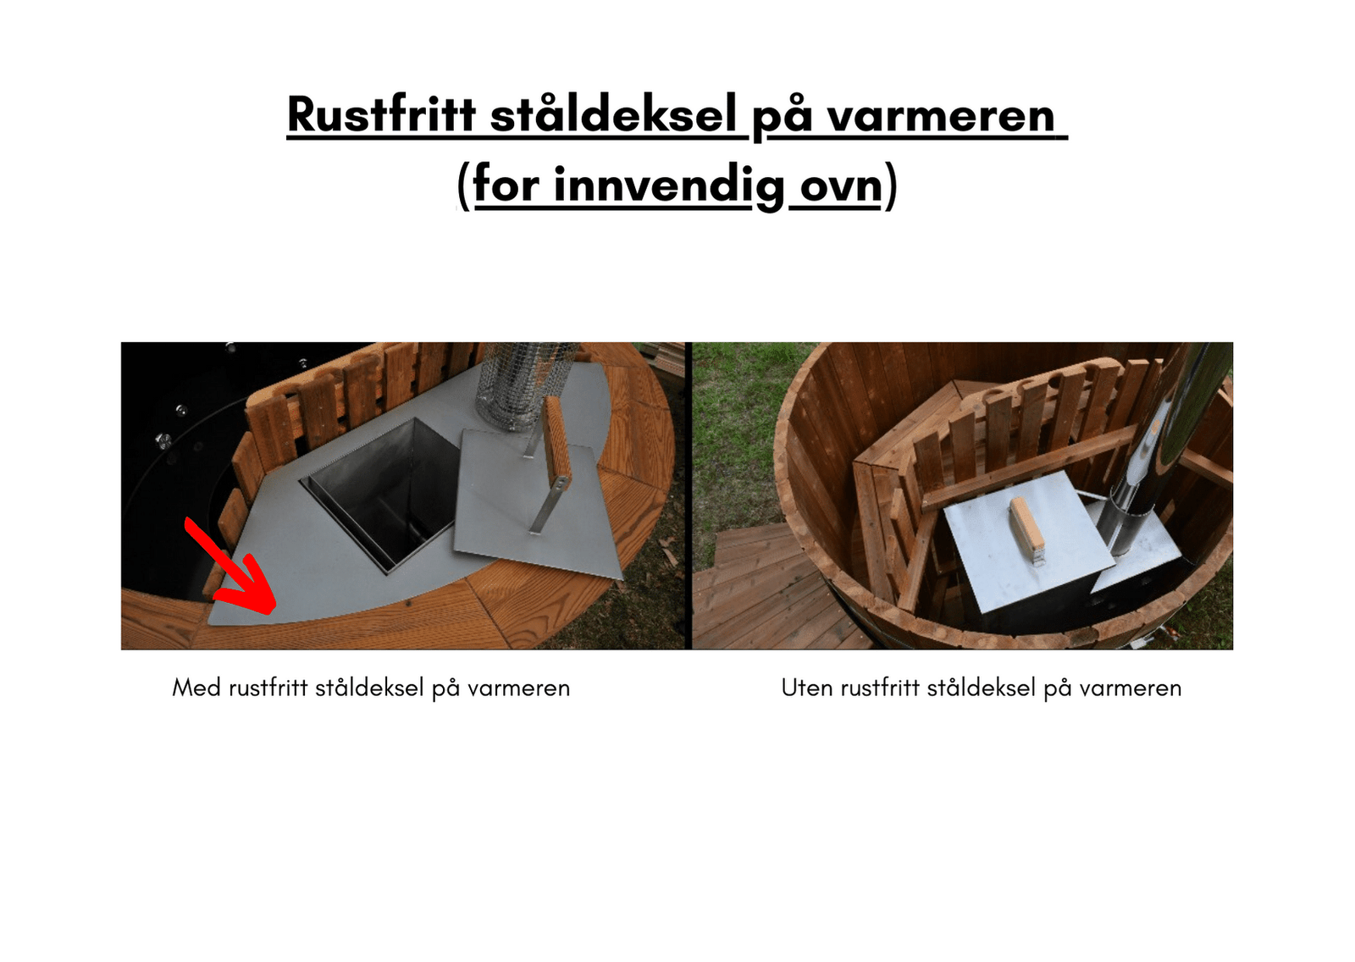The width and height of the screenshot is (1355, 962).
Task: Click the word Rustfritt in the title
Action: pyautogui.click(x=382, y=114)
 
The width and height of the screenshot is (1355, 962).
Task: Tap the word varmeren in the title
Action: pyautogui.click(x=941, y=115)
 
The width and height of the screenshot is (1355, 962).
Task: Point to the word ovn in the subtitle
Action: pyautogui.click(x=841, y=187)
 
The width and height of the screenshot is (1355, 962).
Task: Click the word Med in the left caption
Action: pyautogui.click(x=196, y=688)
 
